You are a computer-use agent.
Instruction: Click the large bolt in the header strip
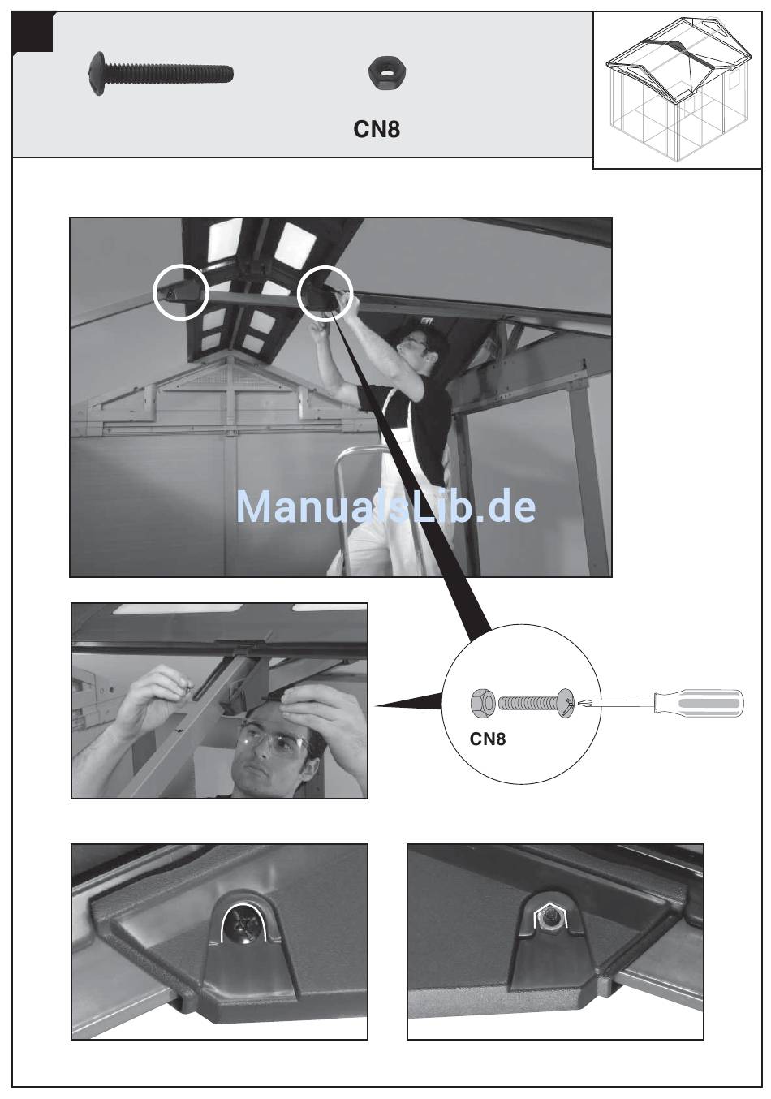(161, 74)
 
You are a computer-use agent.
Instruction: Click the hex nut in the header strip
(386, 73)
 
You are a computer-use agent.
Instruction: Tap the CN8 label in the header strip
(377, 129)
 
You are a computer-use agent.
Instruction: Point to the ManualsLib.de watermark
(385, 506)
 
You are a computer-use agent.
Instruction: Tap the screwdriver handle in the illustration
(699, 704)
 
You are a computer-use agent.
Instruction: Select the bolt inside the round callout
(536, 703)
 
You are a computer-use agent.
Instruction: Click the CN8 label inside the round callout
(487, 739)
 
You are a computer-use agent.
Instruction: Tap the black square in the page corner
(32, 32)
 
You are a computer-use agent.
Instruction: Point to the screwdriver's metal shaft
(616, 704)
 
